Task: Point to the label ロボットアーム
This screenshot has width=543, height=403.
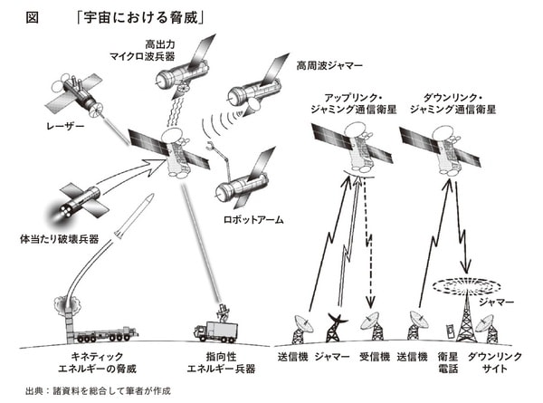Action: [x=246, y=219]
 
